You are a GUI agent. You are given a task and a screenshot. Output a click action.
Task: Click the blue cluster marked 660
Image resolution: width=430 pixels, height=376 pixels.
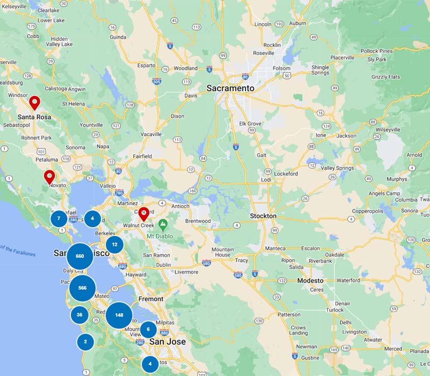[80, 256]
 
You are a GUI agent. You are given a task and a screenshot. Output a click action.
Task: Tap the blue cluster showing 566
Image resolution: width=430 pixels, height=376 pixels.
[82, 288]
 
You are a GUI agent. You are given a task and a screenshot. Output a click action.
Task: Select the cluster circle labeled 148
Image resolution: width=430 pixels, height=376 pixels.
[119, 315]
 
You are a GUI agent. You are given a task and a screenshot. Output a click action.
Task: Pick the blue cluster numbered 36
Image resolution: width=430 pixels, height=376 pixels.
[80, 315]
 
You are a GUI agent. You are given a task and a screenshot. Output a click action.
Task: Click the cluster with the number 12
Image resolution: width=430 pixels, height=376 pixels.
[114, 244]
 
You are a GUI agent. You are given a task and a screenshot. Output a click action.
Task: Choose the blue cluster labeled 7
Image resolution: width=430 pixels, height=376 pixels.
[59, 219]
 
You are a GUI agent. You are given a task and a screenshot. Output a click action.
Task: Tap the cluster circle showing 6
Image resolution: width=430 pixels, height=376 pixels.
[148, 329]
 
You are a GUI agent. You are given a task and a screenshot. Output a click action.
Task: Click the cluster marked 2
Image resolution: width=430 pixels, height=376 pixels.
[85, 341]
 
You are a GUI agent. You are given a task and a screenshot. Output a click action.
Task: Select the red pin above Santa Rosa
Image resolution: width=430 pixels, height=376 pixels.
[34, 102]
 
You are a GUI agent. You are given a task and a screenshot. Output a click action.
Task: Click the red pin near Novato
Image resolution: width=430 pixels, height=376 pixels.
[49, 176]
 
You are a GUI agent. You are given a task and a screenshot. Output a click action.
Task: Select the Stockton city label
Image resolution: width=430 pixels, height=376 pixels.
[263, 216]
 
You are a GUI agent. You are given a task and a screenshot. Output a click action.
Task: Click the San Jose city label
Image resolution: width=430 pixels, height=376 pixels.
[167, 342]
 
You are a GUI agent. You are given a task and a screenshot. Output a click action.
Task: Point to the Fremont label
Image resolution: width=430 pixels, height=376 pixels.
[151, 299]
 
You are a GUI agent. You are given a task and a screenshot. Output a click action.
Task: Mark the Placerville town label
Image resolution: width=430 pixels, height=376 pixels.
[342, 57]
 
